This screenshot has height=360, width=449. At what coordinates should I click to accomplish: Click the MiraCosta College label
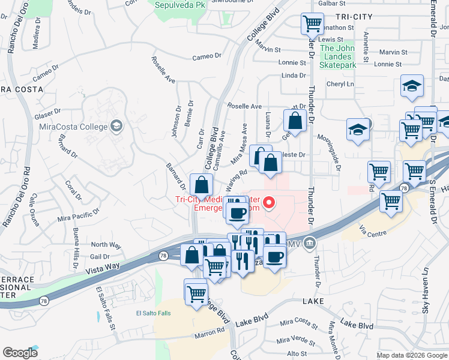[x=73, y=126]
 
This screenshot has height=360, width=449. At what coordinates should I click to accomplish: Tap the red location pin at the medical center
[x=270, y=204]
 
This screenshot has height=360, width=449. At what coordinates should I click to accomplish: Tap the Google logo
[x=20, y=352]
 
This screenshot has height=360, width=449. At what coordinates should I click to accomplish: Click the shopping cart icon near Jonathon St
[x=312, y=25]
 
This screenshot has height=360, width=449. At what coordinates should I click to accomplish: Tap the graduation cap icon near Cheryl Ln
[x=412, y=86]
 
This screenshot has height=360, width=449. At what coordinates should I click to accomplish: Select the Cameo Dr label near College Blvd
[x=206, y=56]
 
